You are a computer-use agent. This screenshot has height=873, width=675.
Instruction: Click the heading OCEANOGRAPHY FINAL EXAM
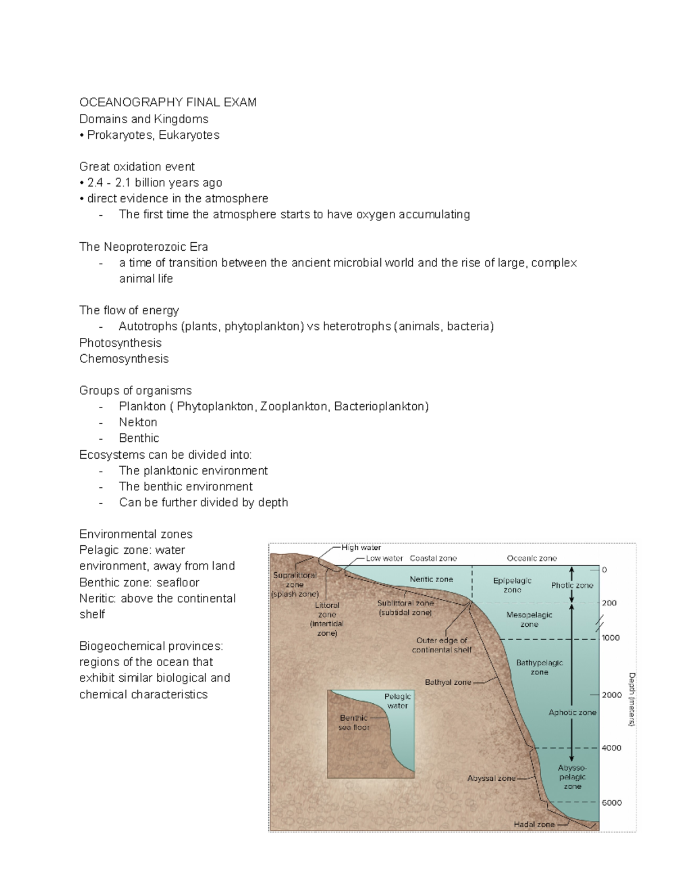click(168, 102)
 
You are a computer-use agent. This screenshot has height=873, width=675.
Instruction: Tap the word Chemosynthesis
click(124, 359)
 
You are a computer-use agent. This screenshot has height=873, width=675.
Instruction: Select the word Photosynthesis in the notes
click(120, 343)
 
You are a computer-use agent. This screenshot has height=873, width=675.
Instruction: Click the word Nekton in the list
click(138, 422)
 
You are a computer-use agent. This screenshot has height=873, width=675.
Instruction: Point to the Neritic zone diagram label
click(431, 579)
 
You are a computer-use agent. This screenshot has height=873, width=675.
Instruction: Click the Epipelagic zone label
click(512, 585)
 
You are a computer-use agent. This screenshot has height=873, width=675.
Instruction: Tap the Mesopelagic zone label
click(529, 619)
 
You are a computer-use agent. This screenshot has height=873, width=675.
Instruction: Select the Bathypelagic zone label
click(539, 667)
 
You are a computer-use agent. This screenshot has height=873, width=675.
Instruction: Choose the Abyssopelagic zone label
click(572, 777)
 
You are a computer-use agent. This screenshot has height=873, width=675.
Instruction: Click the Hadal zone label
click(534, 824)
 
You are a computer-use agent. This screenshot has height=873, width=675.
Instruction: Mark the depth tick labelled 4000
click(611, 748)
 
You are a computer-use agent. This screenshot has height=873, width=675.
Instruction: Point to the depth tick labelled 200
click(609, 603)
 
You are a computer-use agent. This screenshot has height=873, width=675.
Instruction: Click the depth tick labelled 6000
click(611, 803)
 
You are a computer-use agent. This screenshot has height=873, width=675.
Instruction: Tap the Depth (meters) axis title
click(631, 699)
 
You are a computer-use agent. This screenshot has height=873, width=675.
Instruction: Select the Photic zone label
click(572, 585)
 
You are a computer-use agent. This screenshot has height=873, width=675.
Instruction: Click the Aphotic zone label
click(572, 712)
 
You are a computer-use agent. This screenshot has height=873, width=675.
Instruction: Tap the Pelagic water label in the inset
click(397, 701)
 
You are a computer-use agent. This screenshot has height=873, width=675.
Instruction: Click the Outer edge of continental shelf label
click(442, 645)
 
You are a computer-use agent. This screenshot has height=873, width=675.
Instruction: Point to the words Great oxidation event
click(137, 167)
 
